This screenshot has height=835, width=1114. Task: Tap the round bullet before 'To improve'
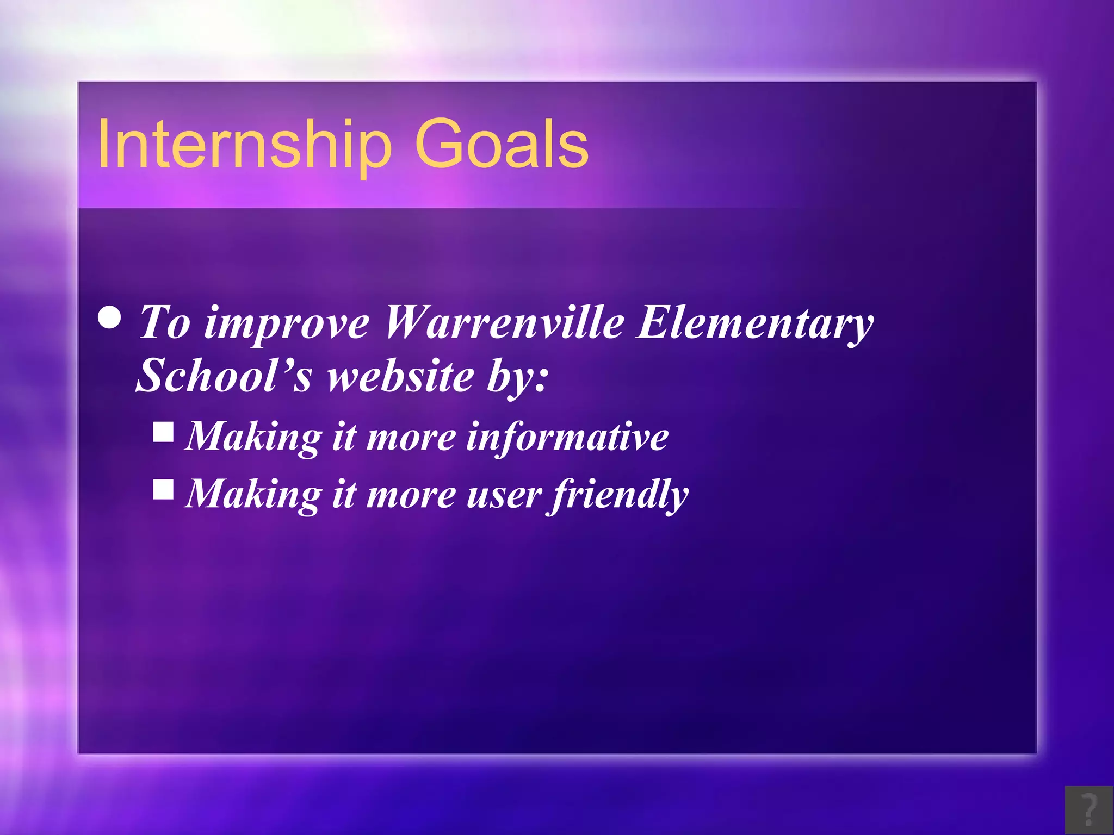coord(110,318)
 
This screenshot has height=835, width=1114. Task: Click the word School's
coord(224,376)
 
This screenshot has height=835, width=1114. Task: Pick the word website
coord(400,376)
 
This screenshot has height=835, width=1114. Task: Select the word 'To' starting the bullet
coord(165,323)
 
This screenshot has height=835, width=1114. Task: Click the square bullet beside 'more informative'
coord(163,433)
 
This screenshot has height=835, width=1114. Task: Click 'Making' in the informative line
coord(253,438)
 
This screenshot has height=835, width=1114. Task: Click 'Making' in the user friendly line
coord(253,495)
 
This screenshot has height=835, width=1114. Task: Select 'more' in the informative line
coord(411,438)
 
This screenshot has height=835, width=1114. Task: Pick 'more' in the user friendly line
coord(411,495)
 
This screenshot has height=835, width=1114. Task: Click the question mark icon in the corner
coord(1088,810)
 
